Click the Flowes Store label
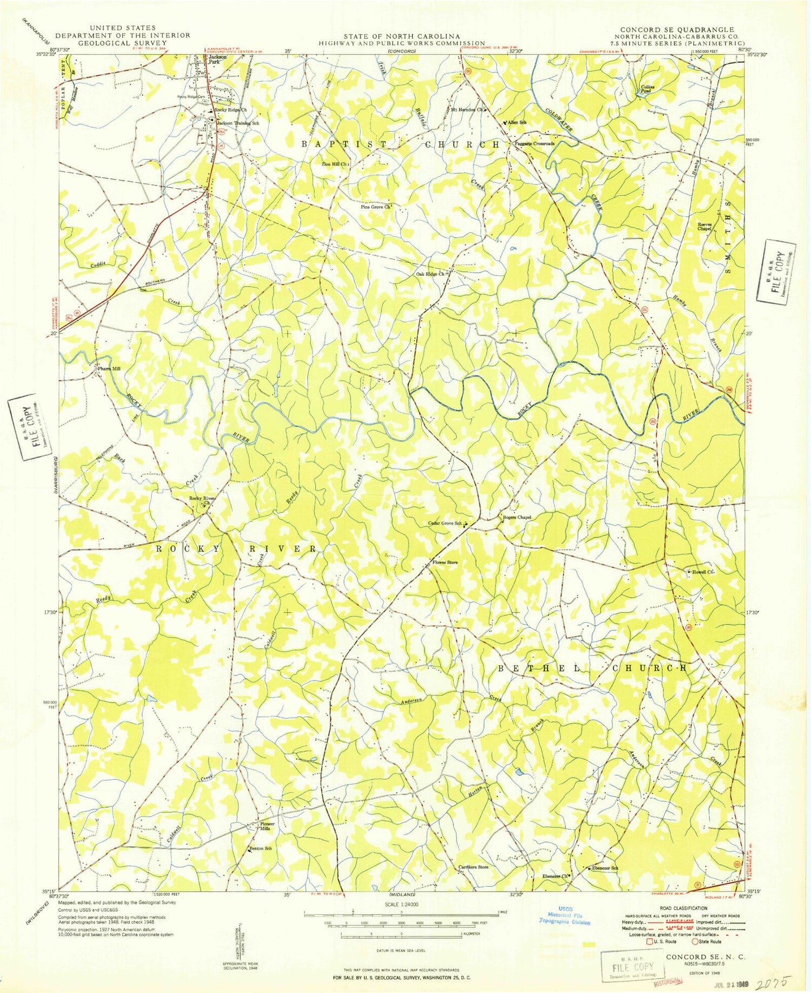point(446,562)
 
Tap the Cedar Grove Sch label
point(445,523)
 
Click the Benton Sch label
point(260,849)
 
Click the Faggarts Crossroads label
point(535,144)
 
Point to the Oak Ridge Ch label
point(430,274)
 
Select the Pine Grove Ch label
point(375,207)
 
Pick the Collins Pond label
point(648,89)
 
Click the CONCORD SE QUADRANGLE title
point(677,30)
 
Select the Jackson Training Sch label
point(238,123)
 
